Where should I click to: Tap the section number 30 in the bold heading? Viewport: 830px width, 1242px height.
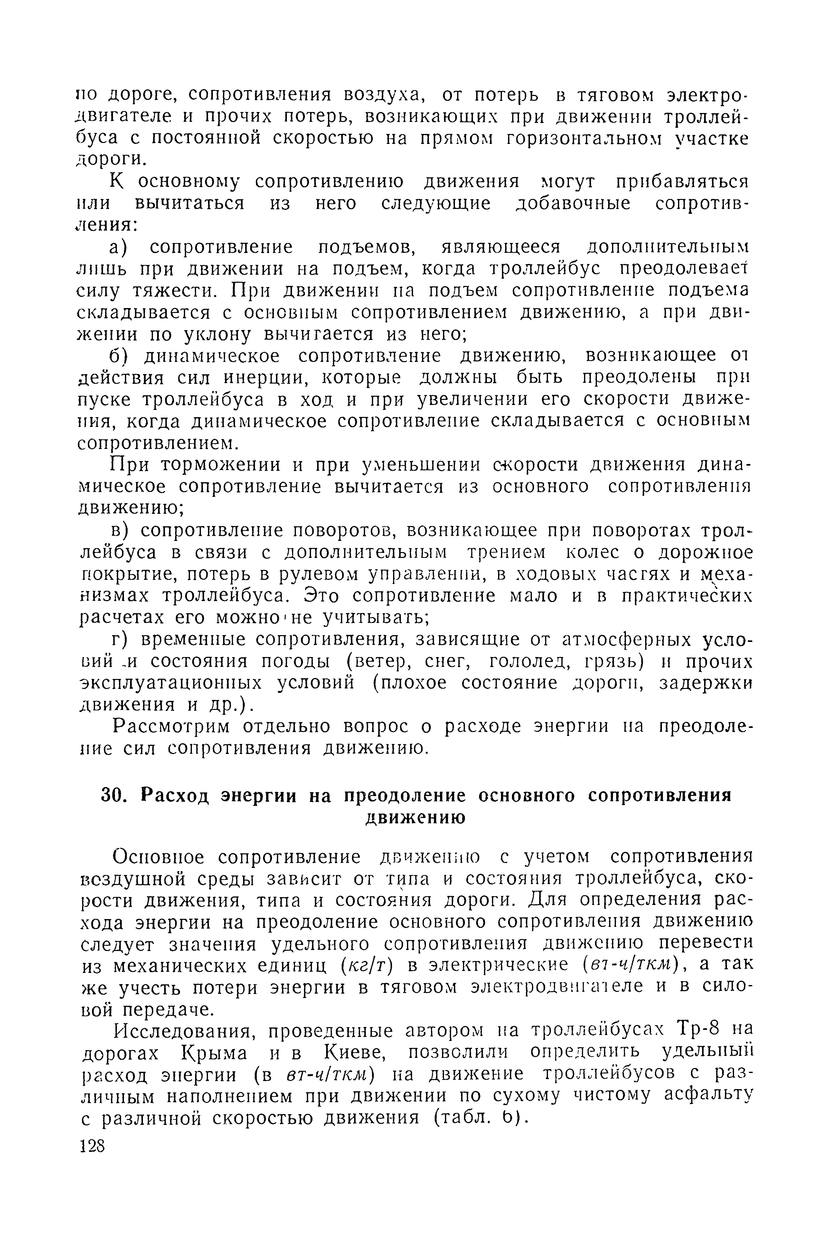pyautogui.click(x=112, y=796)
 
